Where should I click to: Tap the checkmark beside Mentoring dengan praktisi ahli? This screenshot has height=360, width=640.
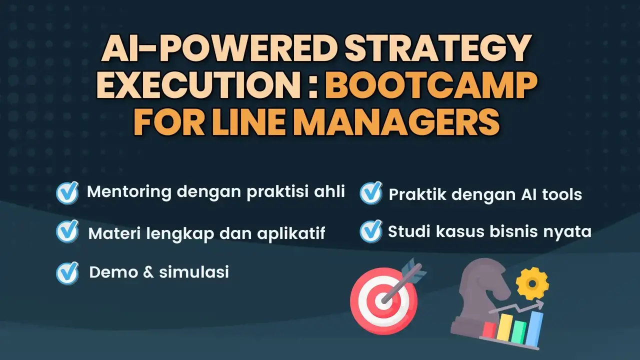67,192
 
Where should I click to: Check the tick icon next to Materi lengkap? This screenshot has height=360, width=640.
67,231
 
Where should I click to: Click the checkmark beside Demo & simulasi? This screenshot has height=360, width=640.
67,272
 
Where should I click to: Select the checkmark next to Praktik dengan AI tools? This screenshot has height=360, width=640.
371,193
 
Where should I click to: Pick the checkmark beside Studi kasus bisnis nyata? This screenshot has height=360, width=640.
371,231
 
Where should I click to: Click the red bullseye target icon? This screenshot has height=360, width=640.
384,301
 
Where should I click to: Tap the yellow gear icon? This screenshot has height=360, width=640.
532,283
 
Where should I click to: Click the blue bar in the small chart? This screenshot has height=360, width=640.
536,328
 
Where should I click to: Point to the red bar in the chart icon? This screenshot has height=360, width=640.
489,329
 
